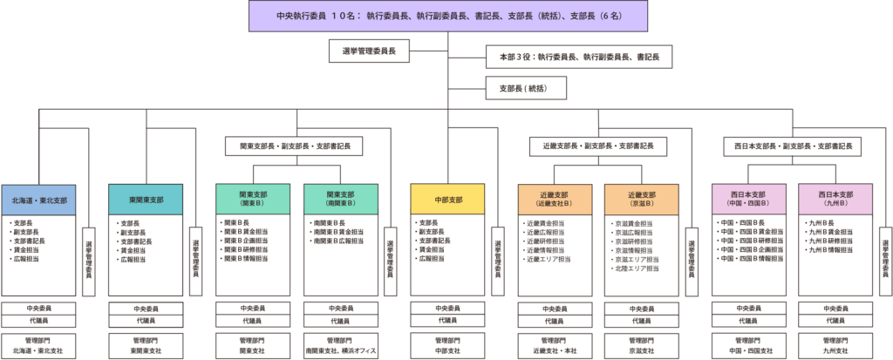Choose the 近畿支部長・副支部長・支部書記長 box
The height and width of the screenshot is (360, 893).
click(x=598, y=146)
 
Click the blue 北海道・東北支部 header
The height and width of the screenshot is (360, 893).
click(x=38, y=200)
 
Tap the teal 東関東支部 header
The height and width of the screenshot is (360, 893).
click(x=145, y=200)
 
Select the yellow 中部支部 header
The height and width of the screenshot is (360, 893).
click(x=447, y=200)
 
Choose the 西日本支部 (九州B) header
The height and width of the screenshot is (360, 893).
click(x=835, y=199)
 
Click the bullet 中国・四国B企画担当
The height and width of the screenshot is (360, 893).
click(x=744, y=250)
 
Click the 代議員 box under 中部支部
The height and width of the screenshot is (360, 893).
click(x=447, y=320)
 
